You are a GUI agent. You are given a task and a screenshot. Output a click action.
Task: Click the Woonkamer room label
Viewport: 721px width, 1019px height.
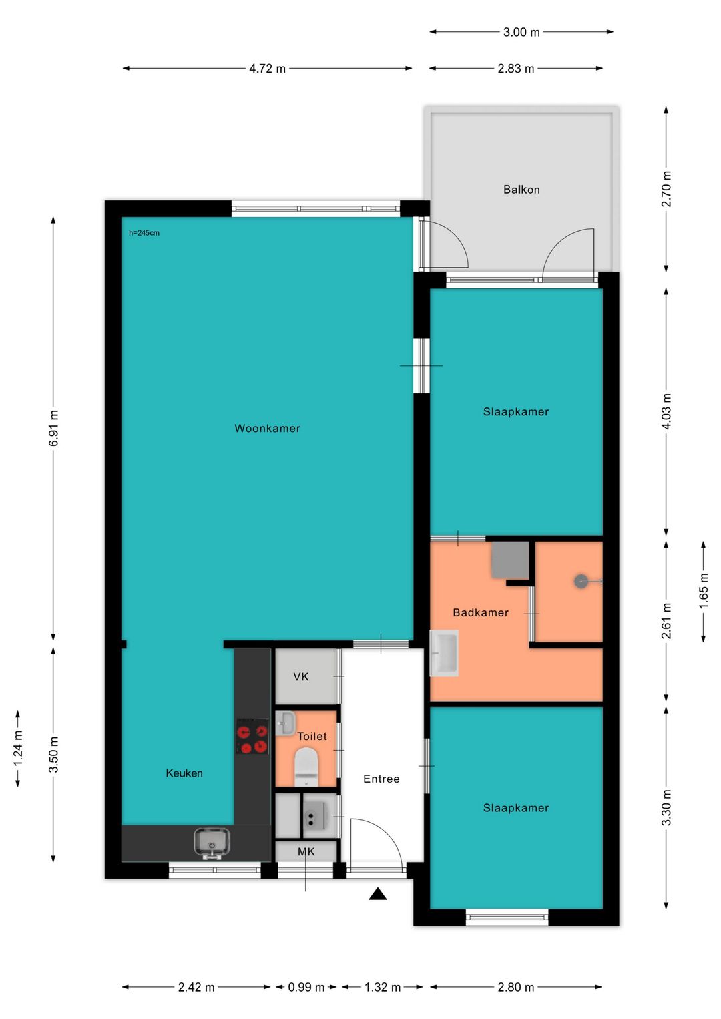(267, 428)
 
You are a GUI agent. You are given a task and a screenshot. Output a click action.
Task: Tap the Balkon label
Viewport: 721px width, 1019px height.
(521, 189)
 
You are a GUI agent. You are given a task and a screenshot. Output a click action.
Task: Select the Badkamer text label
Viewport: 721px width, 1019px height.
(481, 612)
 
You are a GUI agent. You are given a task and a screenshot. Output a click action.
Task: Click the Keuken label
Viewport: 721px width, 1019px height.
(184, 773)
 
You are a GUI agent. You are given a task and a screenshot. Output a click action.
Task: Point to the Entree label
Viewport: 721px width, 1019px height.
(381, 779)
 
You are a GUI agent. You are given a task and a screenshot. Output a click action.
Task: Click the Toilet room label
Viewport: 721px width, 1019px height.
(312, 736)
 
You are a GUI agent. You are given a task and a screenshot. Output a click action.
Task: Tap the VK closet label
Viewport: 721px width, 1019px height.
(301, 677)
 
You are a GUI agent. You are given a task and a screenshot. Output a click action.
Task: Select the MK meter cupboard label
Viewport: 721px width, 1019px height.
(306, 851)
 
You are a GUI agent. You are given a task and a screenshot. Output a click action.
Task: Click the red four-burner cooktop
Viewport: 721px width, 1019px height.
(252, 736)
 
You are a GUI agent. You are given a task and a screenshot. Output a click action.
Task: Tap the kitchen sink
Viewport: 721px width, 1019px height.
(212, 844)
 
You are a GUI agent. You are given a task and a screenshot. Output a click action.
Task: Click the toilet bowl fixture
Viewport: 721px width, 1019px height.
(305, 768)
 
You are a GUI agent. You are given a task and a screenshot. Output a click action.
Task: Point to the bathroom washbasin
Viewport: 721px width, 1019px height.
(444, 653)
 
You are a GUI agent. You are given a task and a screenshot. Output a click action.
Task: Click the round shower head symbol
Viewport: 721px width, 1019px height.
(581, 581)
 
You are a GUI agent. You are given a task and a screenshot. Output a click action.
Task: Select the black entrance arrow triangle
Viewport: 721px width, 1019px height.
(378, 894)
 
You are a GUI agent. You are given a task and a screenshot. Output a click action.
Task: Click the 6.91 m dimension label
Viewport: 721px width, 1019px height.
(53, 428)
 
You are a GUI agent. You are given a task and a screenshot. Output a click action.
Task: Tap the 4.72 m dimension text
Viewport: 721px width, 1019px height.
(268, 69)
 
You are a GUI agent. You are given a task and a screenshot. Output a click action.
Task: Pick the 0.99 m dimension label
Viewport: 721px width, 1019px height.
(306, 987)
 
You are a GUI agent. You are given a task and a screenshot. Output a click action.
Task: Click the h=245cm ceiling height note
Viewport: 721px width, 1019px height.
(144, 233)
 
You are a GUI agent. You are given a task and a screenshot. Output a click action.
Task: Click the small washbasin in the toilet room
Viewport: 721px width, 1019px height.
(285, 723)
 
